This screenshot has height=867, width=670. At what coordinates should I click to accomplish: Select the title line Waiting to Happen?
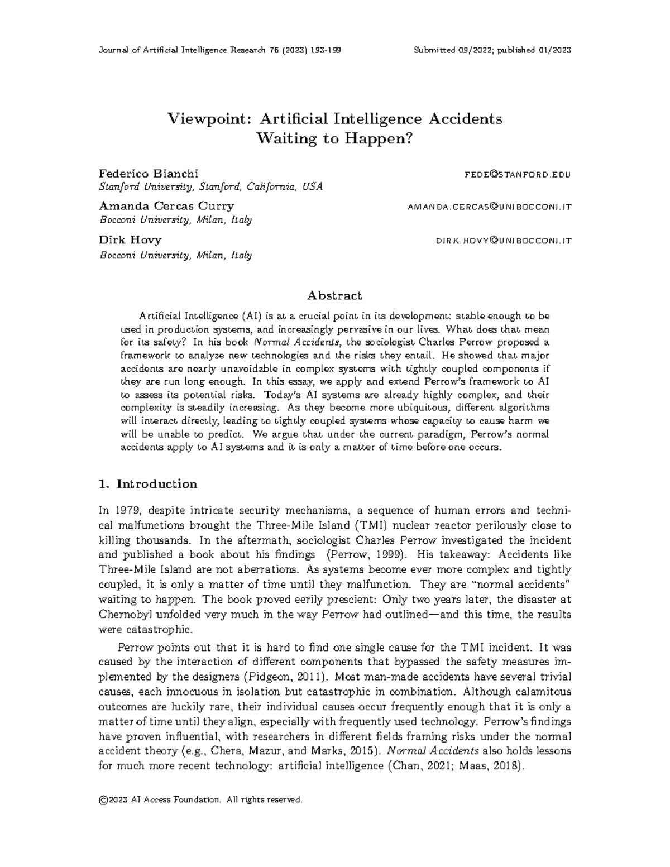[334, 138]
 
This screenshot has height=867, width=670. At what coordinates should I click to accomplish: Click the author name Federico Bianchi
[148, 174]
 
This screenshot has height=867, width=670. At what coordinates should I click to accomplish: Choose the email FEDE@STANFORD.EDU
[518, 175]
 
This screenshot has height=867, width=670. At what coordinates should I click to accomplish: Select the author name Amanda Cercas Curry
[166, 206]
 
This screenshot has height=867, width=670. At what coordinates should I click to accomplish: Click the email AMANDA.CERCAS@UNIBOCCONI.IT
[490, 207]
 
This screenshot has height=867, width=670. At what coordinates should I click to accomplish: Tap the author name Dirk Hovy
[130, 239]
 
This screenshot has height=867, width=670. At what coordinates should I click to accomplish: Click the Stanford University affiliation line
[210, 186]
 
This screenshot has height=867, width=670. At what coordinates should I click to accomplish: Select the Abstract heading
[334, 295]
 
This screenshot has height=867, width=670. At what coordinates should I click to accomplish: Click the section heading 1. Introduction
[147, 484]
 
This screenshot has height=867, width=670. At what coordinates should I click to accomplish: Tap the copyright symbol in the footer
[103, 801]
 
